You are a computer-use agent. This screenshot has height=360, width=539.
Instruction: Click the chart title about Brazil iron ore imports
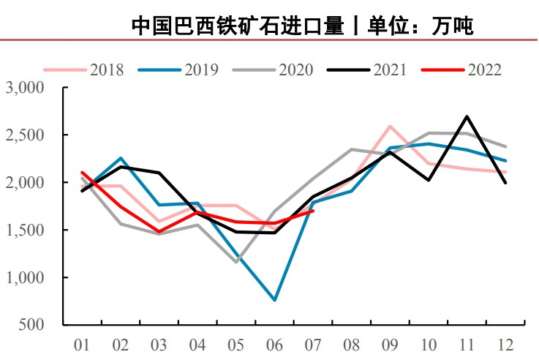303,26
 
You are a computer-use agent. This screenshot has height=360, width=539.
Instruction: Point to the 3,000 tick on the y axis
26,88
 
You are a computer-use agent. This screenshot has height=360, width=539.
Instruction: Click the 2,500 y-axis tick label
26,135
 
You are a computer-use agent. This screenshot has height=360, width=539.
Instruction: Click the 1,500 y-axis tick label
26,230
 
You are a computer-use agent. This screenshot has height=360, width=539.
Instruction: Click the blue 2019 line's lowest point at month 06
274,300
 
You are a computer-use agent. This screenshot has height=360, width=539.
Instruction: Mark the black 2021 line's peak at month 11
467,116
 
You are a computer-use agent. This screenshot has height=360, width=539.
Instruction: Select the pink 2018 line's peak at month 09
390,126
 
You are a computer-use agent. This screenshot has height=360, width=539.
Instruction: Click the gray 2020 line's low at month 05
236,262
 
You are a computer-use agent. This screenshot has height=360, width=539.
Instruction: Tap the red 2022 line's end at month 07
313,211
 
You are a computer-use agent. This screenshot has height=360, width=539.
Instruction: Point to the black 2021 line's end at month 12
505,183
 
